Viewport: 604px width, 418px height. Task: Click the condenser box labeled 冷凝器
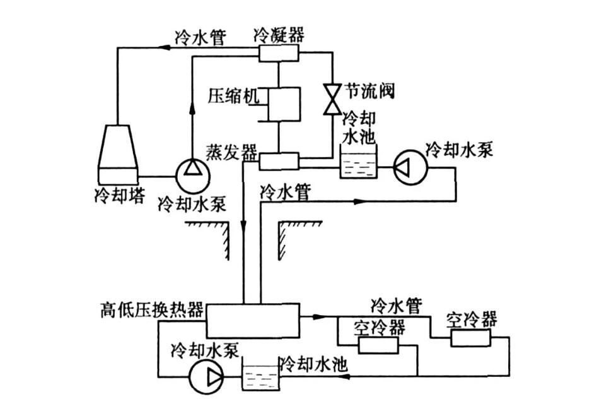[278, 53]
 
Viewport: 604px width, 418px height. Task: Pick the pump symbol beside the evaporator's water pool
[410, 167]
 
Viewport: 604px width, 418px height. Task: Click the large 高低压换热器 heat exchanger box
[253, 320]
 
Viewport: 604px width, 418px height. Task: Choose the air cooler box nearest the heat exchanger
[378, 345]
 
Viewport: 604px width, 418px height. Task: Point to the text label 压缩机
[229, 95]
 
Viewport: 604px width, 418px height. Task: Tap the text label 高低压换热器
[152, 310]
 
